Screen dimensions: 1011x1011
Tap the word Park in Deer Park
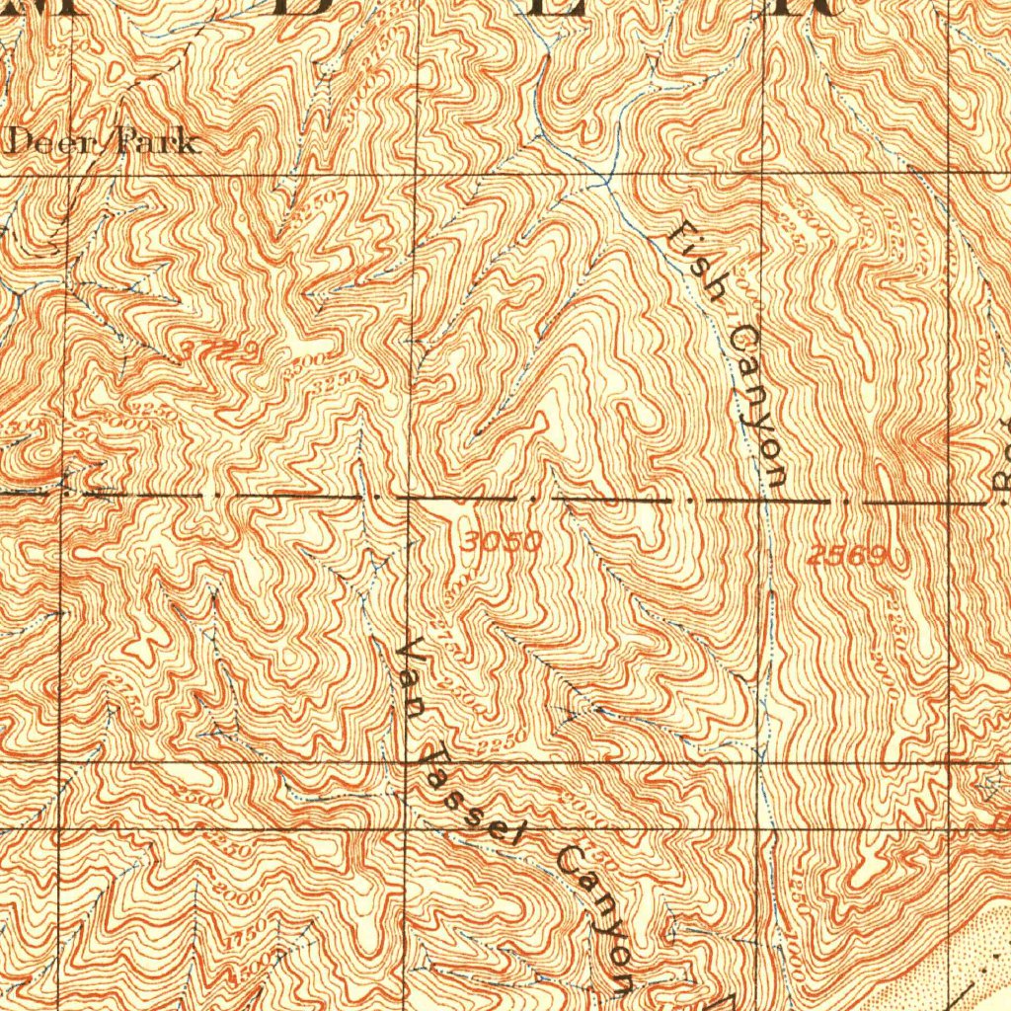(156, 142)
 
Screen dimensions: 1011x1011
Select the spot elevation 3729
(220, 350)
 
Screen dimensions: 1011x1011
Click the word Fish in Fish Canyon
(698, 262)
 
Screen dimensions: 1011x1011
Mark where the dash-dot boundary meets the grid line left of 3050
(408, 497)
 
